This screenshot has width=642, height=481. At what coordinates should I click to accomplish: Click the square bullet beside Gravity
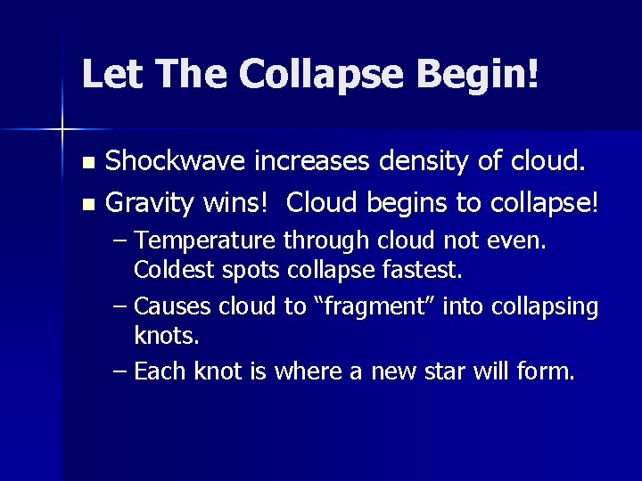86,204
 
